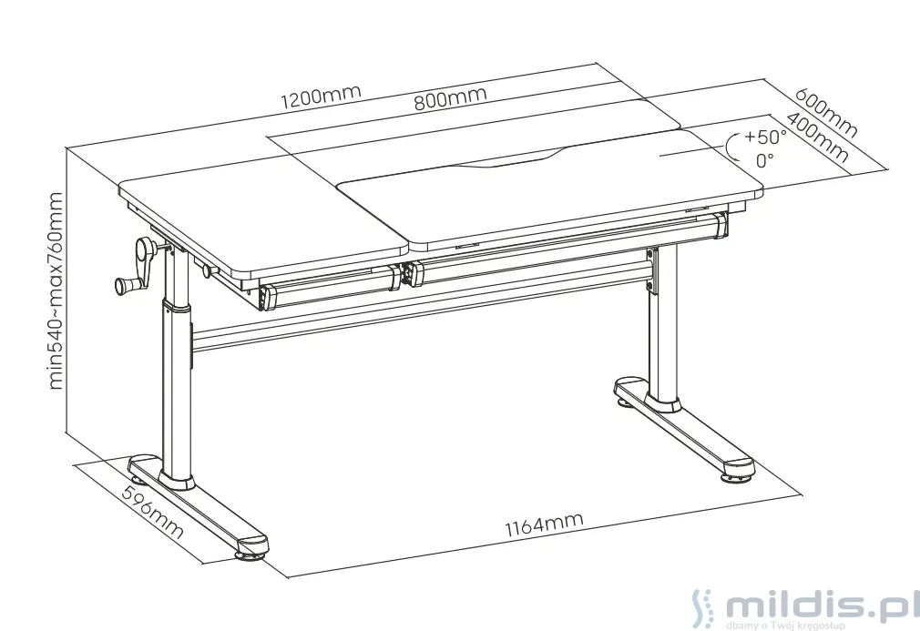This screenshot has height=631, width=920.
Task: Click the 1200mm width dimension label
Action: point(321,97)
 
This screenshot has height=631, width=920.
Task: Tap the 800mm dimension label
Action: point(451,98)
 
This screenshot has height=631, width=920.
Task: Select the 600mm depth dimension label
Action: point(827,113)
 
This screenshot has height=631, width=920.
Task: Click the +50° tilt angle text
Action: point(765,137)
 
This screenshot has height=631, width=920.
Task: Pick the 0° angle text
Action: point(764,159)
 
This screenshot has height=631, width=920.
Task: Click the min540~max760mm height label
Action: point(56,290)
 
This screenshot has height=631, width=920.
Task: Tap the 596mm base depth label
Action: point(152,513)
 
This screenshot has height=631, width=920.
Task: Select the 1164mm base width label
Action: point(545,524)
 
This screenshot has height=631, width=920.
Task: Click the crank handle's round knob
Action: point(125,286)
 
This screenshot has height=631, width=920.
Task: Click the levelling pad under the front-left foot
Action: point(250,554)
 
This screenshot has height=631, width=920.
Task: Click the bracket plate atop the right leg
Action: point(650,271)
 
